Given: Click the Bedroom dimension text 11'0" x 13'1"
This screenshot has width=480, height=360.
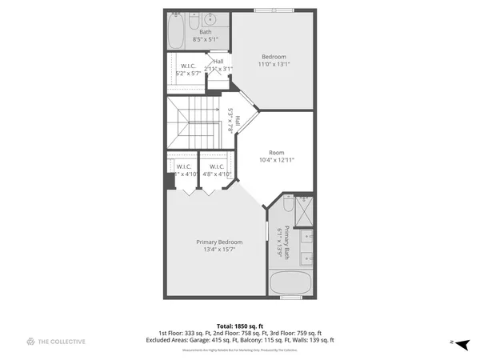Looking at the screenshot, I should click(x=274, y=65).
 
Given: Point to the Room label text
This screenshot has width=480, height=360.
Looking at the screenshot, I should click(x=276, y=152).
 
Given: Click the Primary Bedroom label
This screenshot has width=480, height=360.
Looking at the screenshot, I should click(x=219, y=242).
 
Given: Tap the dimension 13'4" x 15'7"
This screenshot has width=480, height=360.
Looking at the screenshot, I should click(x=219, y=250).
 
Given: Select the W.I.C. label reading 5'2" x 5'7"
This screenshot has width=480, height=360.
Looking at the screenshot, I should click(x=189, y=70).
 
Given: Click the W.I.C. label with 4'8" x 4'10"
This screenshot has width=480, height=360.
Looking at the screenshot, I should click(x=216, y=170).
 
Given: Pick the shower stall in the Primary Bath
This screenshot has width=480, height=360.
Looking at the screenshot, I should click(x=303, y=211).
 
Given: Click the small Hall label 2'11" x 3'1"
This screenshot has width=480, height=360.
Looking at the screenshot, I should click(x=218, y=66).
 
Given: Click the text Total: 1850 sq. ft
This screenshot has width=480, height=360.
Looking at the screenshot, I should click(x=240, y=326).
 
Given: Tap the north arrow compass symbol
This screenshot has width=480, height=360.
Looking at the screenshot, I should click(x=459, y=342).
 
